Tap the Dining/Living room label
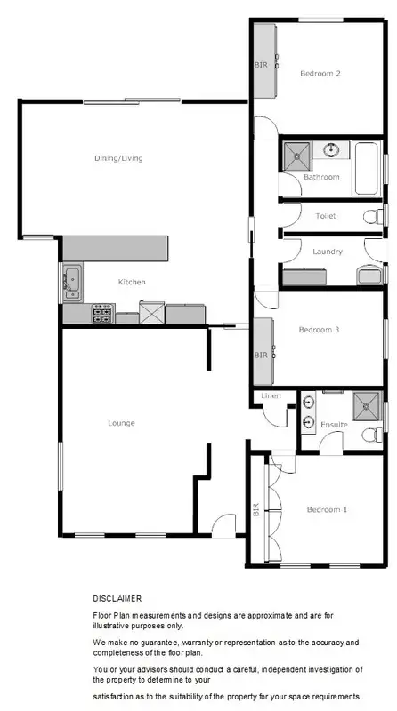coord(119,158)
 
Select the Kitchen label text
coord(132,282)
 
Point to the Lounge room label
coord(122,422)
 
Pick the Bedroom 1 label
coord(327,509)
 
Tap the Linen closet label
coord(271,396)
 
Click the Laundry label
coord(328,252)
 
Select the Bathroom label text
coord(321,177)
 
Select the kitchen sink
coord(72,283)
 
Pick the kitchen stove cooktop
coord(102,313)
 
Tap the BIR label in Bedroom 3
coord(261,355)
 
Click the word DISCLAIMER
coord(117,598)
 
